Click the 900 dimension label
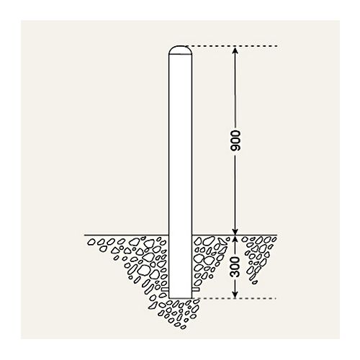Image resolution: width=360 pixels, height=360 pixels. coord(235,140)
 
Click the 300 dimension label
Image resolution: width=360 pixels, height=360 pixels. coord(235,267)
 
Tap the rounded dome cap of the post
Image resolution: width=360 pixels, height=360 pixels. coord(180,50)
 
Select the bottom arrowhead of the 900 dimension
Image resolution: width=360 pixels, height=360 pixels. coord(235,231)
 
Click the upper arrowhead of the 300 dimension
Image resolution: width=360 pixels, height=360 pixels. coord(235,239)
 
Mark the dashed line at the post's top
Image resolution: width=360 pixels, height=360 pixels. coord(232,45)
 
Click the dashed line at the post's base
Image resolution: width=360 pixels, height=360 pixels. coord(235,299)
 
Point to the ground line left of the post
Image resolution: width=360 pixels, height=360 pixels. coord(127,235)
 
